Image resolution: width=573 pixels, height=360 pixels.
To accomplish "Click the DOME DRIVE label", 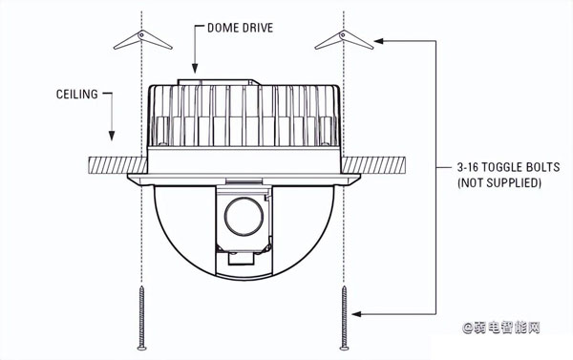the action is (x=240, y=28).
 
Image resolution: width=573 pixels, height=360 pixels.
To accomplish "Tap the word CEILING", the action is (x=77, y=95).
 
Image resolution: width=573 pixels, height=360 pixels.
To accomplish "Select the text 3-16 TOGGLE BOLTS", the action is (x=508, y=167).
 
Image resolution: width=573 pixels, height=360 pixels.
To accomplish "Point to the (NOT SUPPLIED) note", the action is (x=499, y=182).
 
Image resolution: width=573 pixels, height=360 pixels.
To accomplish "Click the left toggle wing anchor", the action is (x=142, y=39).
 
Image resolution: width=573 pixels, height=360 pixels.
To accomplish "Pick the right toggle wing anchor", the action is (x=344, y=39).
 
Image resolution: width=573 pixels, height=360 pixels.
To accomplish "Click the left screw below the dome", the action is (x=141, y=318).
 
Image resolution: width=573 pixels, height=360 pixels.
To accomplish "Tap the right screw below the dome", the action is (x=344, y=318).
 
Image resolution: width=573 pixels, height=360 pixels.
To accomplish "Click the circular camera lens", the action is (x=244, y=217).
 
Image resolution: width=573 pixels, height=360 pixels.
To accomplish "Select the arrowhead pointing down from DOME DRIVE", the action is (x=195, y=69).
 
